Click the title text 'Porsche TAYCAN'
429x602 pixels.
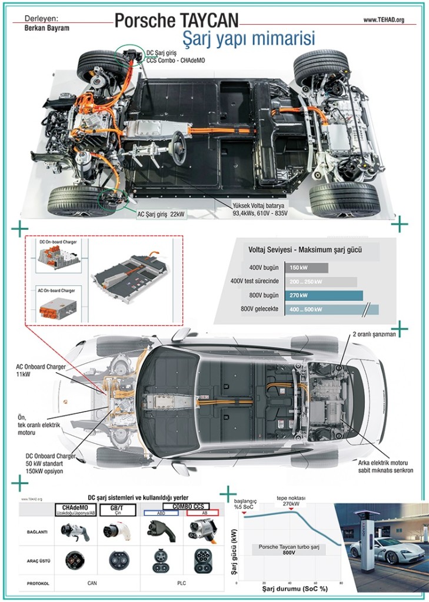(176, 21)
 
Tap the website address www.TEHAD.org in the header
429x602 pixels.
(384, 20)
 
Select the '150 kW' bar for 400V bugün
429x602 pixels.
(306, 268)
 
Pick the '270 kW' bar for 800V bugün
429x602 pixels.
(323, 295)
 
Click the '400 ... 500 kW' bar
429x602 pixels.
(331, 309)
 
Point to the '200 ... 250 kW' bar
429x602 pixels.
(321, 282)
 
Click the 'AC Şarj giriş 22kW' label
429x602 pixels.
(161, 215)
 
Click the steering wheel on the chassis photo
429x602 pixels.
(177, 142)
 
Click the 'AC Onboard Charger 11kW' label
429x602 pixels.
(41, 370)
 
